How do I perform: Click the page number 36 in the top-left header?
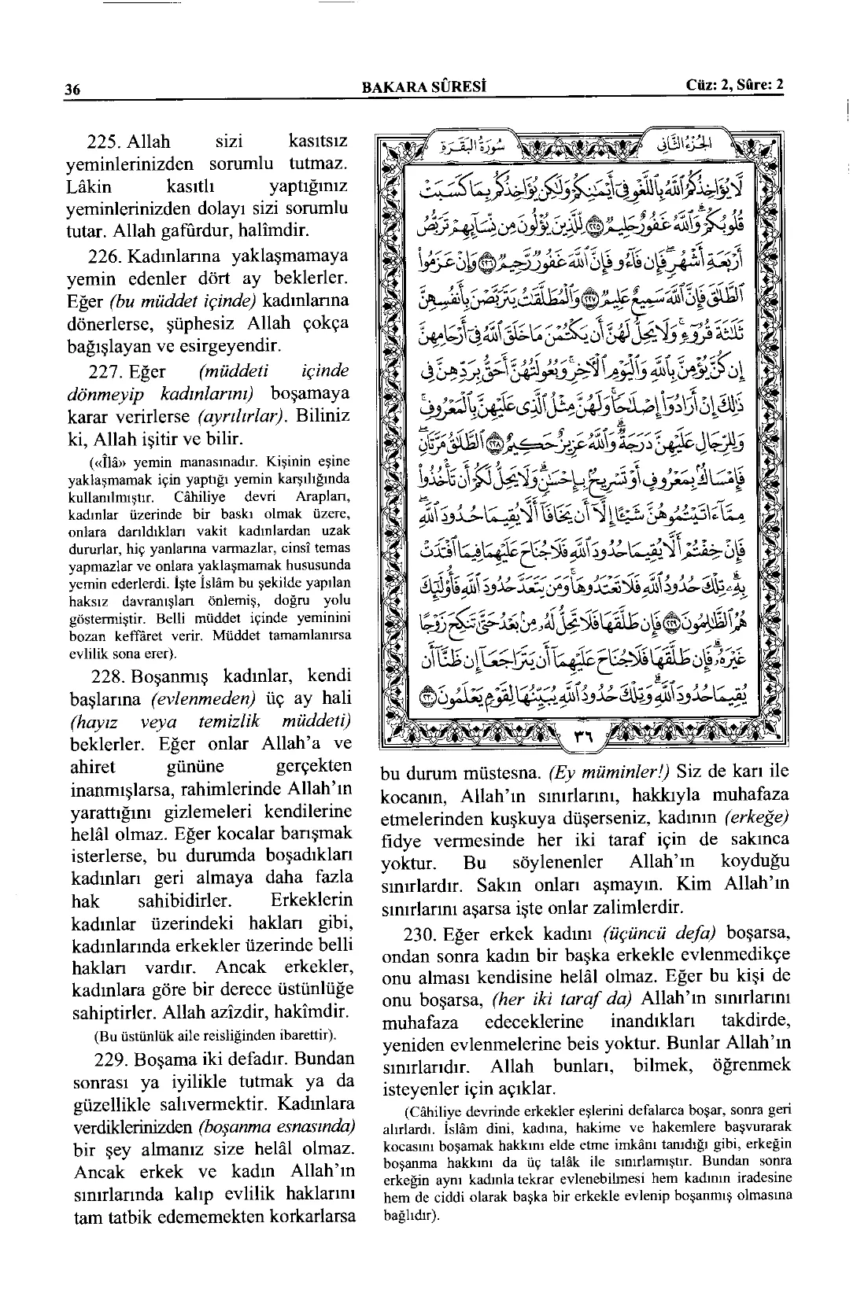pyautogui.click(x=73, y=89)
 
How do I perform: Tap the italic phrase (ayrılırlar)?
pyautogui.click(x=240, y=416)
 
